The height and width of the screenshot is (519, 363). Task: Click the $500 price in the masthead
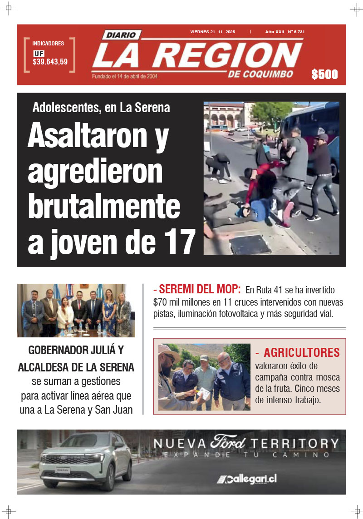coord(324,74)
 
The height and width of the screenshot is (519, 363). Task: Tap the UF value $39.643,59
coord(50,62)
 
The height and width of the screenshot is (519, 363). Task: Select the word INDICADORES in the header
coord(48,44)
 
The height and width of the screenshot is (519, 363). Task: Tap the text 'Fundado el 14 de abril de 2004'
coord(124,76)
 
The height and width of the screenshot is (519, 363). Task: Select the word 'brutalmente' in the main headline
coord(104,207)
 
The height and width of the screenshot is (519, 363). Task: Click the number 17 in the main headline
coord(179,242)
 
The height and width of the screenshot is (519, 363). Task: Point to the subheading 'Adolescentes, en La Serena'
coord(101,108)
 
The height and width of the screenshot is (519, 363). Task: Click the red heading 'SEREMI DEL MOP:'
coord(197,289)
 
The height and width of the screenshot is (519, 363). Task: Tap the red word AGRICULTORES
coord(302,352)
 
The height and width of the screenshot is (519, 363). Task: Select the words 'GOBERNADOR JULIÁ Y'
coord(76,351)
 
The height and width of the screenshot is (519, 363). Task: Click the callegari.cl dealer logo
coord(247,479)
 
